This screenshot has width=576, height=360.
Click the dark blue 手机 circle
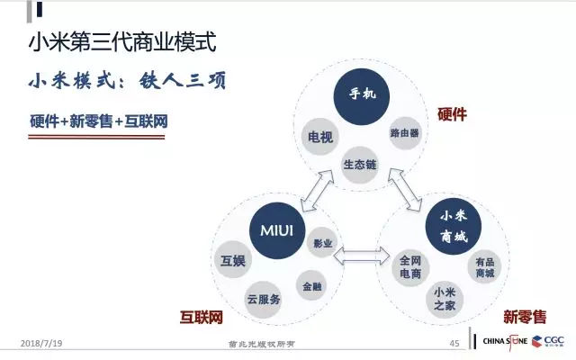point(360,93)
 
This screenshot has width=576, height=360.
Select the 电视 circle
point(318,137)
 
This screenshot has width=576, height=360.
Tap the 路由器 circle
point(404,133)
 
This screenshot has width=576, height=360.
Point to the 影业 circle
point(322,243)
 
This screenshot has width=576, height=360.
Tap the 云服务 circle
point(264,299)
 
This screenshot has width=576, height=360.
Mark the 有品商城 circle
point(484,267)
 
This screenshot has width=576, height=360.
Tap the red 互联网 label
point(201,318)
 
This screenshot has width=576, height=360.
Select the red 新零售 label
point(524,317)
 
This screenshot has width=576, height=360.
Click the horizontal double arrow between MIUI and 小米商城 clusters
point(359,256)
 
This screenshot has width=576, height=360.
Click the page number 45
point(454,343)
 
